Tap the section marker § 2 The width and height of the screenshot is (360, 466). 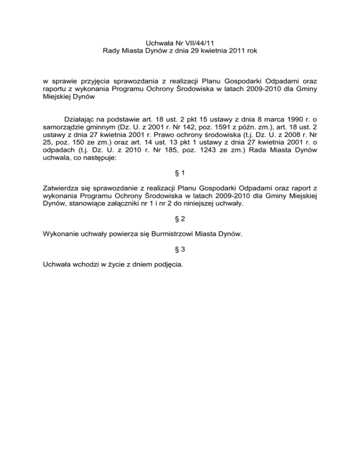pyautogui.click(x=180, y=231)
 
